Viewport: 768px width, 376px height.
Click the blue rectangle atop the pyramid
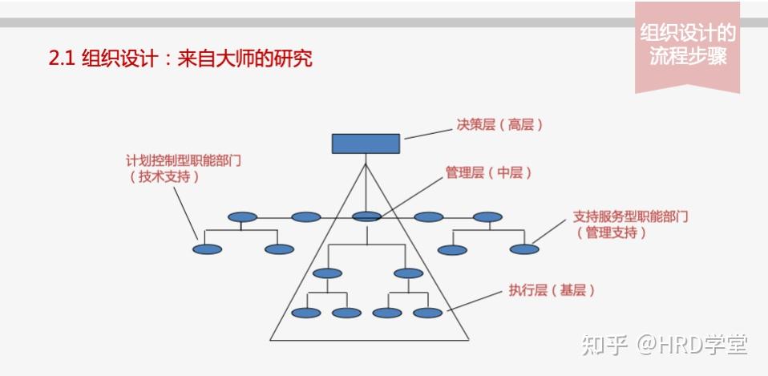tap(366, 143)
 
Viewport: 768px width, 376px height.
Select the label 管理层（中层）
tap(488, 173)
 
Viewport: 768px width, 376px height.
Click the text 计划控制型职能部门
tap(184, 160)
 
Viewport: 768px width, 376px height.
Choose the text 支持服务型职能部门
tap(631, 216)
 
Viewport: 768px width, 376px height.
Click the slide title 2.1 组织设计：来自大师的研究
tap(180, 59)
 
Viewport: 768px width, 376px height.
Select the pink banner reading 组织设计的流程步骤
tap(687, 46)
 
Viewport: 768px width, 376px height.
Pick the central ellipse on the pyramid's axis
tap(366, 216)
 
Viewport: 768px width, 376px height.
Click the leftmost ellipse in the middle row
tap(242, 216)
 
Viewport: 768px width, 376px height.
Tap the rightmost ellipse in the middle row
tap(487, 216)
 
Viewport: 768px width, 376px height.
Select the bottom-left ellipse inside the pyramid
tap(305, 313)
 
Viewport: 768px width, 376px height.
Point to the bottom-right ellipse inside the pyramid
tap(427, 313)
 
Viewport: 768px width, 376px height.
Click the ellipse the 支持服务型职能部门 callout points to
tap(524, 249)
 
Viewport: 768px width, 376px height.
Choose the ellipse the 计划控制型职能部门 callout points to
tap(207, 249)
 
